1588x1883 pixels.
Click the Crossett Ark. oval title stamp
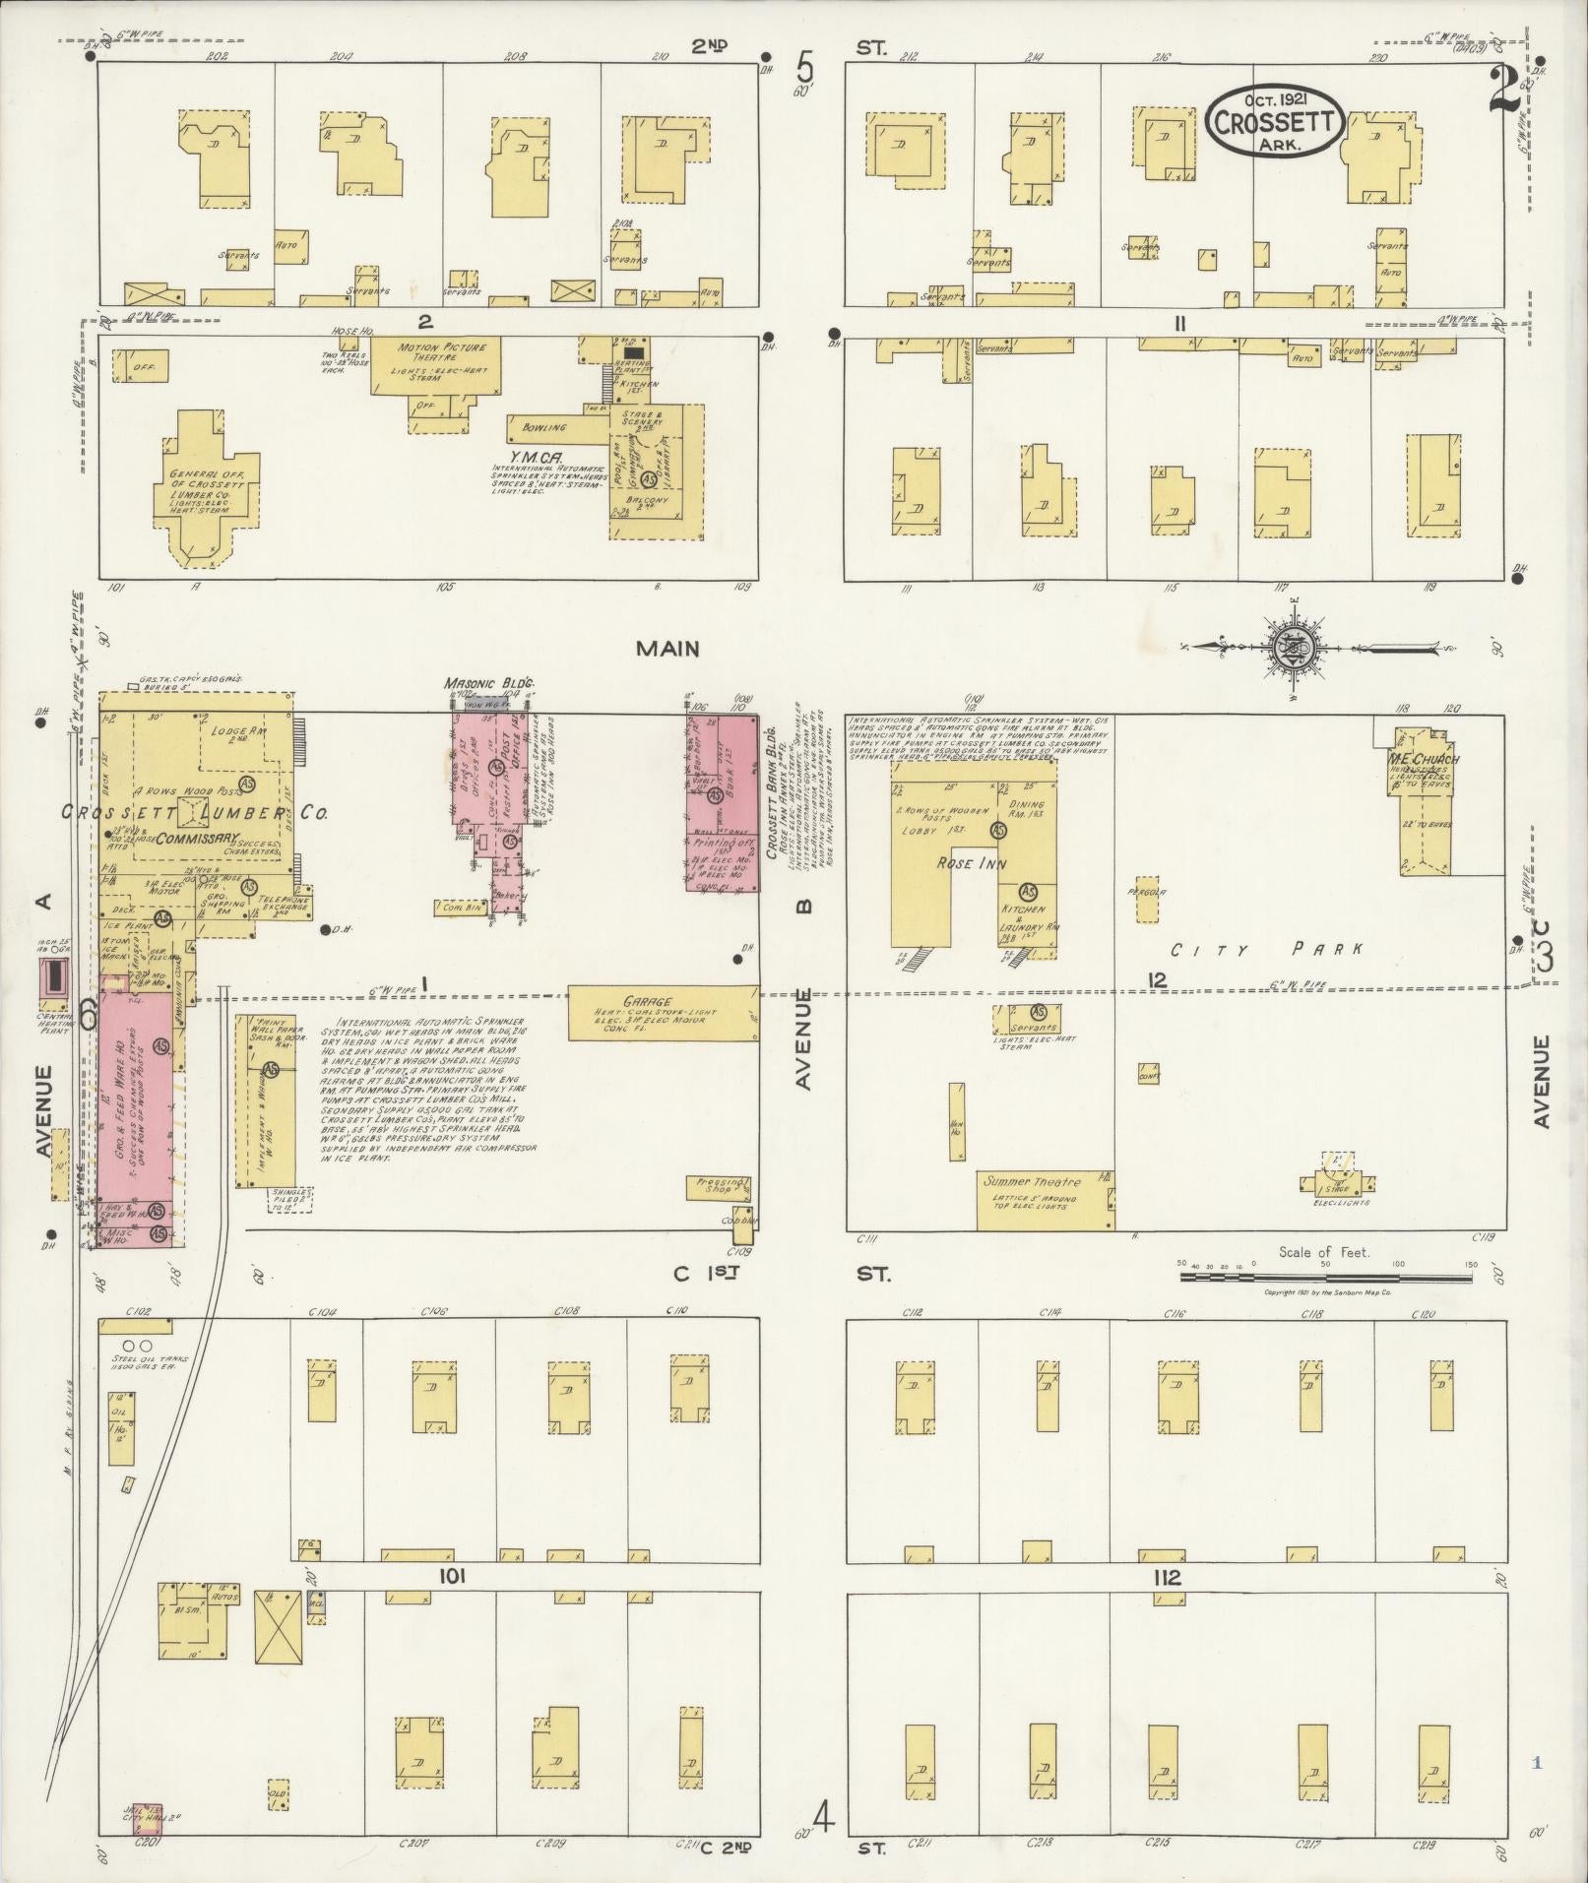1275,120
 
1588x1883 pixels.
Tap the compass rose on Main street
1288,649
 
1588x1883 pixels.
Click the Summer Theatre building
1044,1199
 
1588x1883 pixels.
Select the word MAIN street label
667,649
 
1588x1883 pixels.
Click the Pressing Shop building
718,1186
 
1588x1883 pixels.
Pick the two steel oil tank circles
137,1345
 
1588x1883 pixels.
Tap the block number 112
1168,1578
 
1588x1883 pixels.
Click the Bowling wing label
544,428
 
